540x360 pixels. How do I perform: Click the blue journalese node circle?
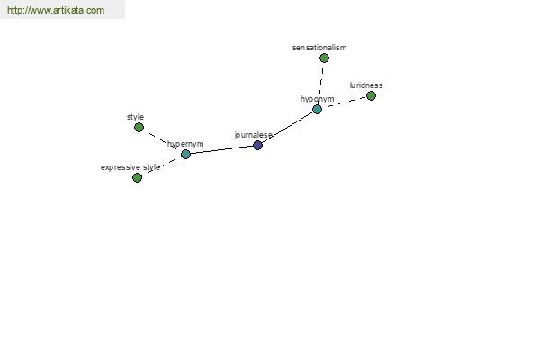coord(257,146)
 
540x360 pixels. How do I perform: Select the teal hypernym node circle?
coord(185,154)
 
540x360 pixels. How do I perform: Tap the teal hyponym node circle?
coord(317,110)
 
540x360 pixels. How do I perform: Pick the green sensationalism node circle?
coord(324,58)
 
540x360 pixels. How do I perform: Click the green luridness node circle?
coord(371,95)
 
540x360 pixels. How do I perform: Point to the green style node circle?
coord(139,128)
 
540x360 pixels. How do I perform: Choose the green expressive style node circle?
coord(137,178)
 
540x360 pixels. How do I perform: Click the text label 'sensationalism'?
coord(319,48)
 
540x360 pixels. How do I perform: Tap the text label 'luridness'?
coord(366,85)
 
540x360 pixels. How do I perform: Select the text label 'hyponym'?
coord(317,99)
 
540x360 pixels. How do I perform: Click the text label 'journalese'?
coord(254,135)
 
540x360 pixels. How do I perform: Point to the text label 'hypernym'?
coord(185,144)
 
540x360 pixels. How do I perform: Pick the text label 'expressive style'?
coord(130,167)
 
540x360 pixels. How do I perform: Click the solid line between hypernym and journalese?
coord(221,150)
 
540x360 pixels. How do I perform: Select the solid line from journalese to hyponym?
coord(288,128)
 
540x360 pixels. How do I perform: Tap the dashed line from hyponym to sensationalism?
coord(320,84)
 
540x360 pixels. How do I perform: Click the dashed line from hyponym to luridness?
coord(344,103)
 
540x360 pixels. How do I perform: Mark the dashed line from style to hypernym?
coord(162,141)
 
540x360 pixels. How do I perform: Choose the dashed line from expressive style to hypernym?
coord(161,166)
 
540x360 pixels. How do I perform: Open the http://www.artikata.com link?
coord(56,10)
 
